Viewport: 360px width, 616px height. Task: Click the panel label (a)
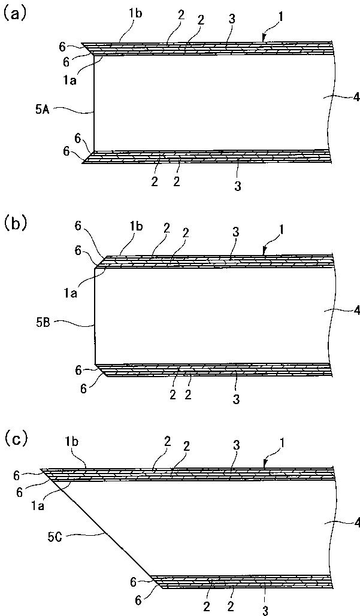pos(13,14)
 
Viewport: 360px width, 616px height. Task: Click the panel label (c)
pos(13,440)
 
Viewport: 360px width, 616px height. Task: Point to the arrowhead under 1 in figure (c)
pos(265,465)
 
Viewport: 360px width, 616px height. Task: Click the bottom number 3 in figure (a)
pos(238,187)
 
